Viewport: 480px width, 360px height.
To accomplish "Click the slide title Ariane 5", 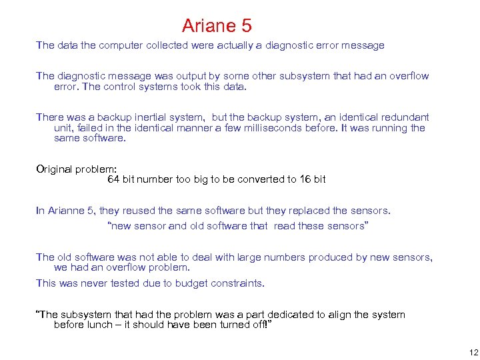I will pyautogui.click(x=217, y=26).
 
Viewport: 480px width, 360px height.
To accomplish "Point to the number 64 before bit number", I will pyautogui.click(x=113, y=179).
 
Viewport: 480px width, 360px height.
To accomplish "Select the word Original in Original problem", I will pyautogui.click(x=54, y=169).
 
